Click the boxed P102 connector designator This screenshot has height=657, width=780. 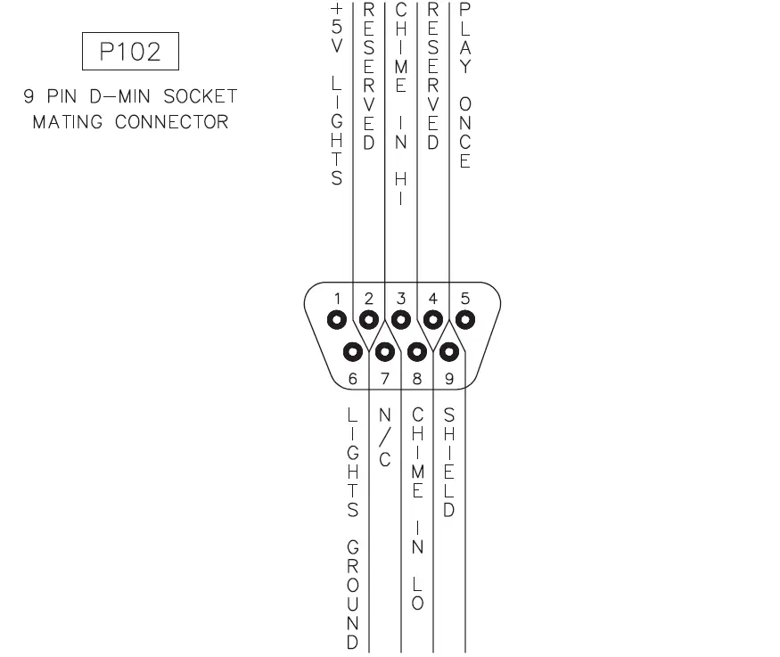point(131,52)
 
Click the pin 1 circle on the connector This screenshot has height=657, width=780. point(337,318)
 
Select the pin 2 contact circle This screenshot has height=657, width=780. point(369,318)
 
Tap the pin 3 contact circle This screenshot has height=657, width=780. point(401,318)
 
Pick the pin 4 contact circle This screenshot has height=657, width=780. point(433,318)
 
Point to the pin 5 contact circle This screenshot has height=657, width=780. point(465,318)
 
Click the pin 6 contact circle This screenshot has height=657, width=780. point(353,350)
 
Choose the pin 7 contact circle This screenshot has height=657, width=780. point(385,350)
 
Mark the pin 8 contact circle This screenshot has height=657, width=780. point(417,350)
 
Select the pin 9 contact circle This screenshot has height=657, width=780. point(449,350)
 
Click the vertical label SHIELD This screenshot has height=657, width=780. point(449,464)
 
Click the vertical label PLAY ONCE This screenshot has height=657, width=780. point(465,85)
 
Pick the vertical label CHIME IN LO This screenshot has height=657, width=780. point(417,509)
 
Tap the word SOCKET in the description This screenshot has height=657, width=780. point(201,95)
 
